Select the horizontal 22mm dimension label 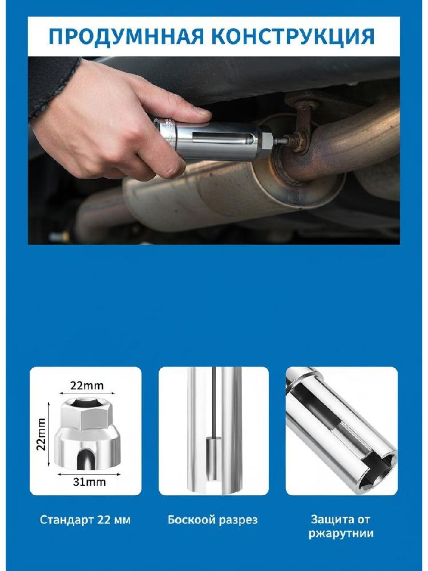[x=87, y=385]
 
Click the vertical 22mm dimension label [x=42, y=434]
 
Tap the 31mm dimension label [x=89, y=482]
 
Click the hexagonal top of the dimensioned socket [x=86, y=413]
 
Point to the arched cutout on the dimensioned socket [x=86, y=460]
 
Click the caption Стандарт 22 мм [x=85, y=520]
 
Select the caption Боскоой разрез [x=212, y=520]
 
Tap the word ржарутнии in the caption [x=341, y=534]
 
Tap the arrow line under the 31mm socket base [x=89, y=474]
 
